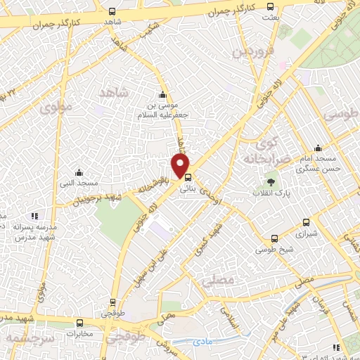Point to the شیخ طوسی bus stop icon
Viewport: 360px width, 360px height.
coord(275,238)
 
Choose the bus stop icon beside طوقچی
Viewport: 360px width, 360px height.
coord(112,303)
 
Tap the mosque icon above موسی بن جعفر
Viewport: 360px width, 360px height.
coord(163,96)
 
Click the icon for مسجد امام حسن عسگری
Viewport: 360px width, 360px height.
coord(319,148)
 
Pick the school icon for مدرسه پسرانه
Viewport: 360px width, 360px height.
coord(34,216)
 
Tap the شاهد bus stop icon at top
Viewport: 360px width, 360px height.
coord(112,11)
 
